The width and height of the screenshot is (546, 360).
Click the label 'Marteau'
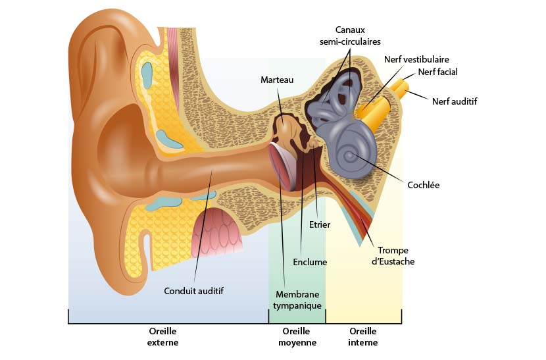(276, 80)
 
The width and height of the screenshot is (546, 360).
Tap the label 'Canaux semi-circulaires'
(350, 36)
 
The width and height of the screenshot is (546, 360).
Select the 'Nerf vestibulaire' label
(416, 59)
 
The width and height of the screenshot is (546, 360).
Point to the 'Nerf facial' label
(437, 72)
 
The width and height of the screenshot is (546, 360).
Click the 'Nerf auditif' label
(455, 101)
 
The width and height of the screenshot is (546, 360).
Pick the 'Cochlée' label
(424, 185)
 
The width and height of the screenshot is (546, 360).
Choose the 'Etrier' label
(320, 224)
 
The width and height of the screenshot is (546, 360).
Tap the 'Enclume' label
(310, 262)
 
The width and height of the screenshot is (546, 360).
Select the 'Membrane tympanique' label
(299, 300)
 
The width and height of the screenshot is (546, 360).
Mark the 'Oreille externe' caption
(163, 337)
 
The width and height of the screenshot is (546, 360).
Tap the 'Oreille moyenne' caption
(297, 337)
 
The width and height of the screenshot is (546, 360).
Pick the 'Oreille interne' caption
(363, 337)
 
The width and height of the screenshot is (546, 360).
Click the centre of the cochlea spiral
(350, 157)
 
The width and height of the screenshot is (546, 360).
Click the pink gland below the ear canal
(216, 232)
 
